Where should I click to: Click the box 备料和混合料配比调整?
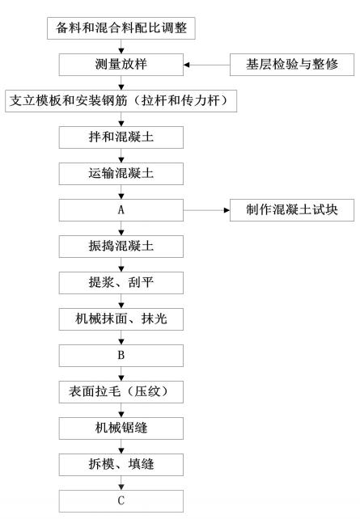tap(121, 28)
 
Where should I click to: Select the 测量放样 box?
tap(121, 65)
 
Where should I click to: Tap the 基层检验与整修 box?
tap(292, 65)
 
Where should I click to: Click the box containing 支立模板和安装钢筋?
tap(121, 101)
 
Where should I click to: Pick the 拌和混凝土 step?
tap(121, 137)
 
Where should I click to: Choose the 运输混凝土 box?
tap(121, 174)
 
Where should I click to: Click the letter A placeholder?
tap(121, 210)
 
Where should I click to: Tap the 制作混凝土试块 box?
tap(292, 210)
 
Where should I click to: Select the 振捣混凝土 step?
tap(121, 247)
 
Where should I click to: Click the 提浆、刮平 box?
tap(121, 283)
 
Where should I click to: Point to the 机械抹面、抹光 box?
tap(121, 319)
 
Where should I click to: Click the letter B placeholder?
tap(121, 356)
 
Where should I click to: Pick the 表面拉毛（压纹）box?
tap(121, 392)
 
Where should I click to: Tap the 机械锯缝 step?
tap(121, 428)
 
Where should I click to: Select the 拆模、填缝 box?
tap(121, 465)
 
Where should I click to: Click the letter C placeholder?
tap(121, 501)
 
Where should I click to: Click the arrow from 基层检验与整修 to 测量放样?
tap(206, 65)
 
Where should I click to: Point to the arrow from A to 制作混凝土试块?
tap(206, 210)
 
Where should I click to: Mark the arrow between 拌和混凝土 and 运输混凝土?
tap(121, 155)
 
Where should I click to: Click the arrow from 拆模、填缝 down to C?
tap(121, 483)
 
